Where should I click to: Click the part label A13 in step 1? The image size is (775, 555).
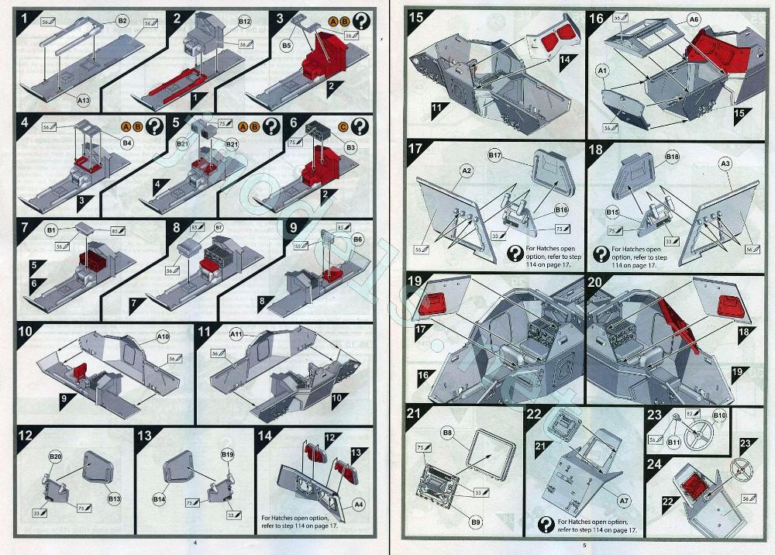[x=83, y=100]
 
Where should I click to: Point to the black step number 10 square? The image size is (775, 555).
[x=26, y=331]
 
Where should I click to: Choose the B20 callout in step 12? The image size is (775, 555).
[x=55, y=457]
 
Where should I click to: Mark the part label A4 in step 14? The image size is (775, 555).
[x=359, y=505]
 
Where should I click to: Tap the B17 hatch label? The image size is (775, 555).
[x=496, y=157]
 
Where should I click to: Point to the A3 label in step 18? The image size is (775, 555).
[x=726, y=164]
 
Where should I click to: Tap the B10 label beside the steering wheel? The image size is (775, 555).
[x=719, y=416]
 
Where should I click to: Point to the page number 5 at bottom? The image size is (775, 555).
[x=586, y=544]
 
